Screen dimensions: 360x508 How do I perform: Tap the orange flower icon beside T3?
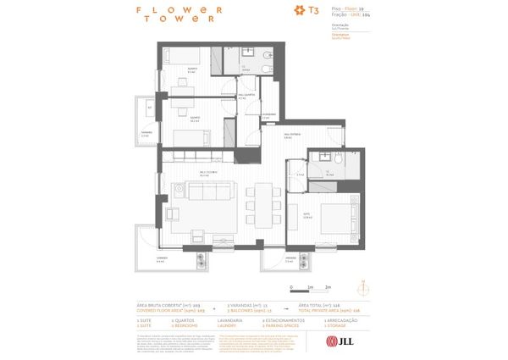click(298, 11)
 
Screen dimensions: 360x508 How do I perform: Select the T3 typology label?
click(313, 11)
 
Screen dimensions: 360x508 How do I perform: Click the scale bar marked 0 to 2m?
click(311, 285)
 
